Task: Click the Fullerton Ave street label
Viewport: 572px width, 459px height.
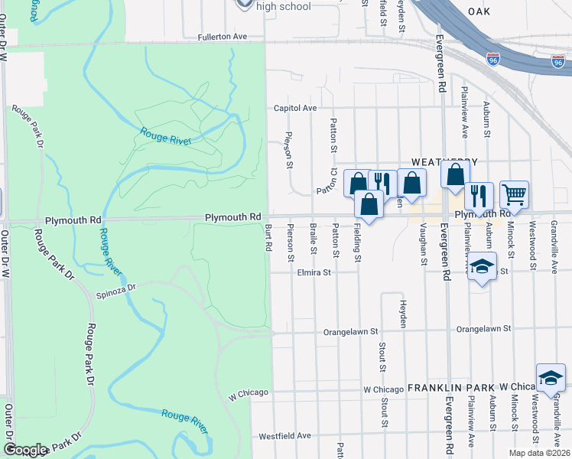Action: coord(223,36)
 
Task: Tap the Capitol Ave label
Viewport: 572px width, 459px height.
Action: coord(295,109)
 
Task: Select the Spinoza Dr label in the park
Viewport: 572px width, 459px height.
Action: coord(115,288)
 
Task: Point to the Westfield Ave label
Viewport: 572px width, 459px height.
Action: coord(285,435)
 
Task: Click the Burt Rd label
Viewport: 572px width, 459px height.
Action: coord(268,238)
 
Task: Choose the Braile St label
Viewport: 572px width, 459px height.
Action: coord(314,238)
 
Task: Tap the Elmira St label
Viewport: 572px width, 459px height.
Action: coord(314,272)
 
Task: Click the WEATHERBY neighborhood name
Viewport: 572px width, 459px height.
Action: coord(444,162)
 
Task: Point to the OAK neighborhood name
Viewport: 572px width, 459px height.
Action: coord(478,11)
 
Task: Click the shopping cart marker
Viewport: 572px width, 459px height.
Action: coord(514,194)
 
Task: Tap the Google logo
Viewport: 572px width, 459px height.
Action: coord(25,450)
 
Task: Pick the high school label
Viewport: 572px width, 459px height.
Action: coord(284,7)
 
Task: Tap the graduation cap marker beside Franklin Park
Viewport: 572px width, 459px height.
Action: coord(551,376)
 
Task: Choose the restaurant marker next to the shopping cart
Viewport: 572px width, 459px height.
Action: coord(479,195)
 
